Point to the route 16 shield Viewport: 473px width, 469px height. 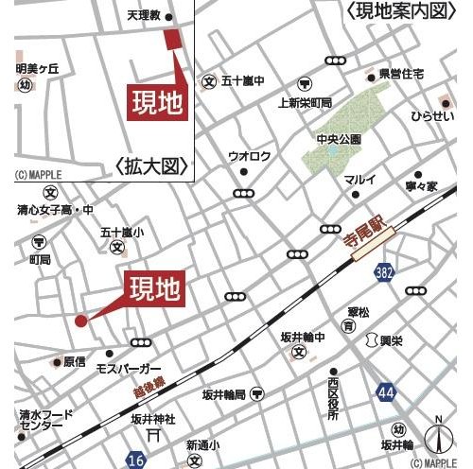pos(136,460)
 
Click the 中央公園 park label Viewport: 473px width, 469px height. pos(339,140)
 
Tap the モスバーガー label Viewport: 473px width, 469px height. pos(130,367)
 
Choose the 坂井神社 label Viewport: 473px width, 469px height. pos(154,420)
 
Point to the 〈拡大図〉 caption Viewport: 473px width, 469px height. pos(150,167)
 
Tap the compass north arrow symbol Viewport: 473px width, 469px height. pos(438,438)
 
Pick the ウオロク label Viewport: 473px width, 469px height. pos(249,156)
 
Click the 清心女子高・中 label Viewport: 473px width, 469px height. pos(55,209)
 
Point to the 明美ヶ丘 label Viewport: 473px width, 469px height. pos(37,68)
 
